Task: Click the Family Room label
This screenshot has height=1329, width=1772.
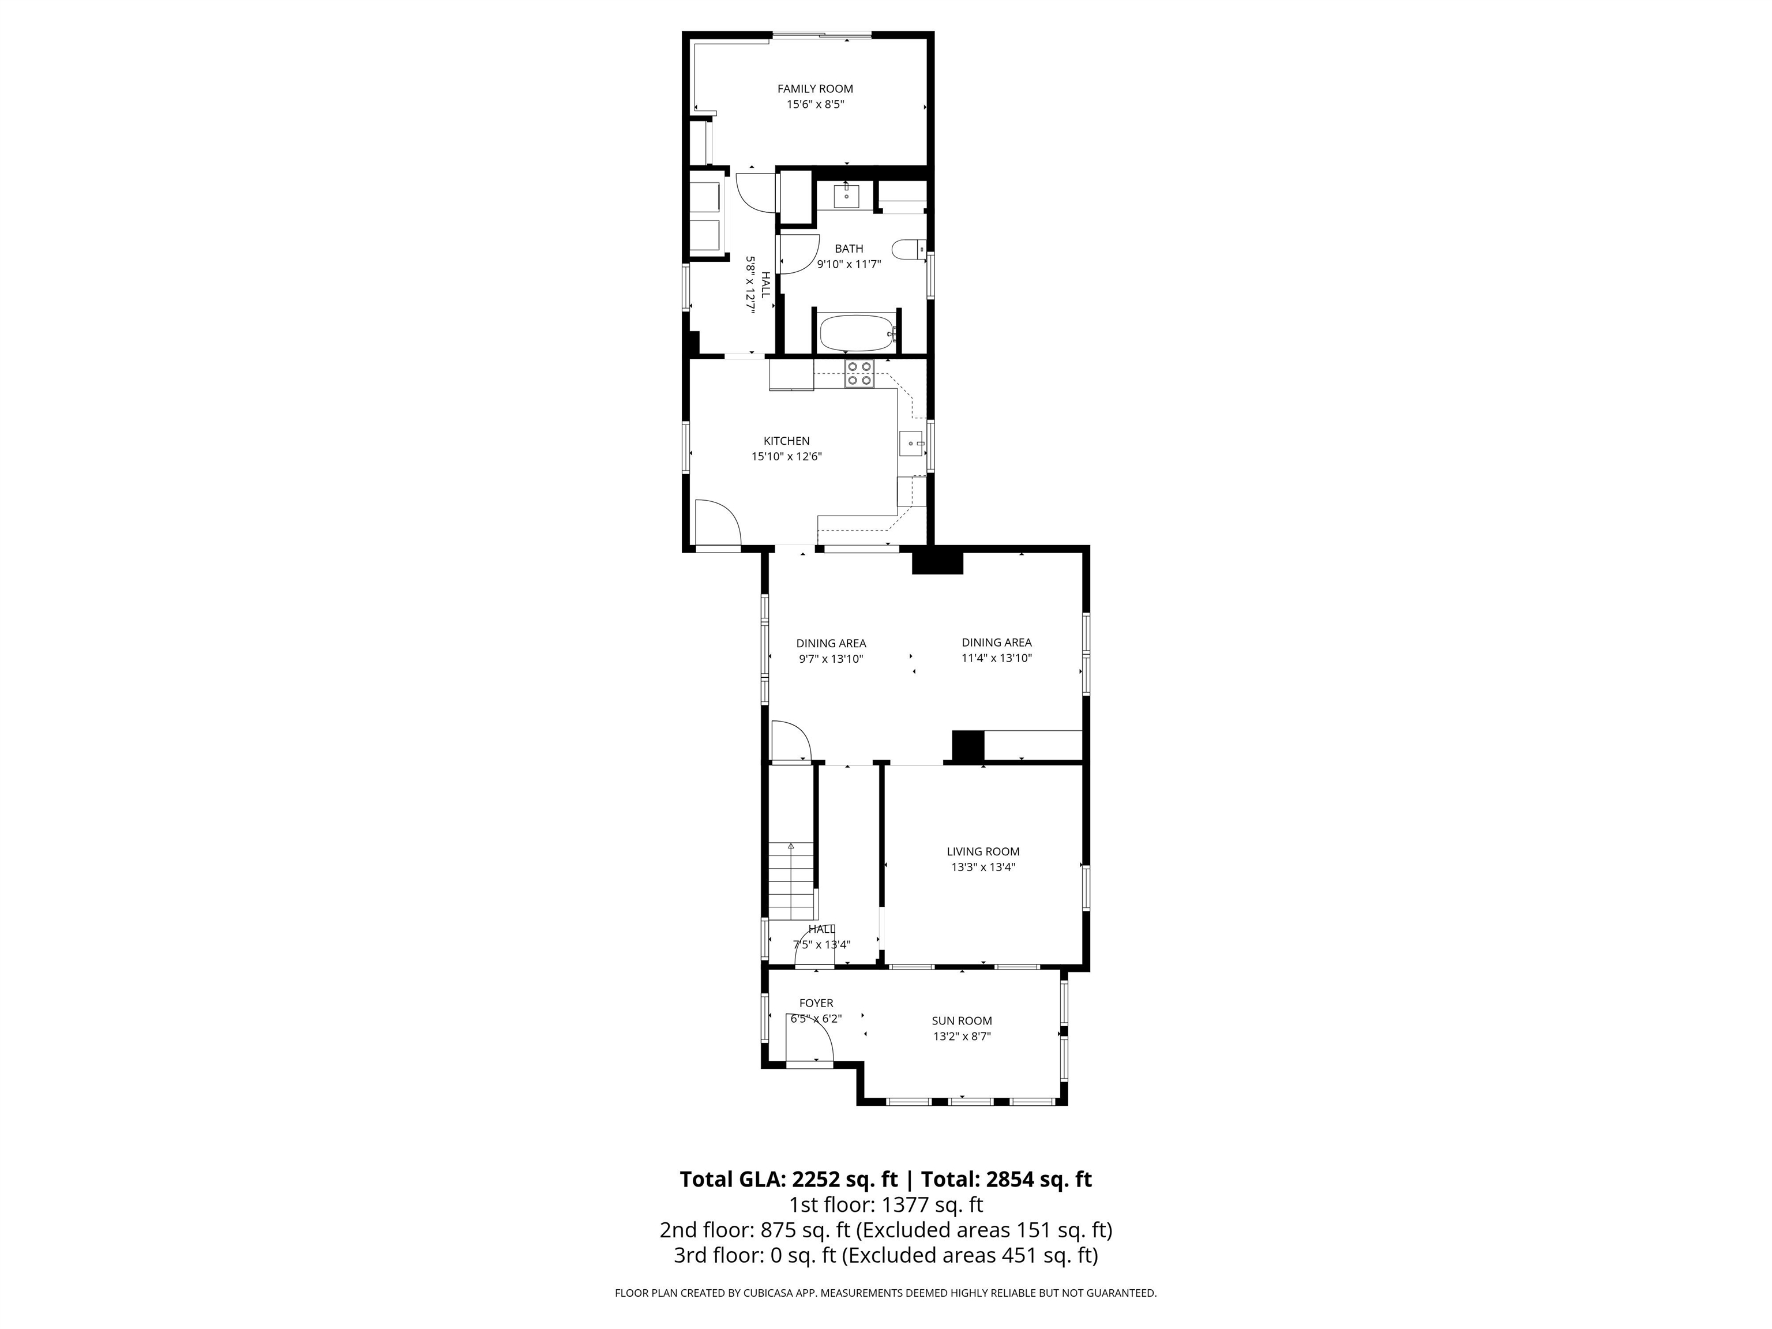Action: pos(814,89)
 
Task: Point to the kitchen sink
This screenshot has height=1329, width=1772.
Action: pos(911,443)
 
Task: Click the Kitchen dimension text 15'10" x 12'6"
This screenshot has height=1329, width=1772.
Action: pos(786,457)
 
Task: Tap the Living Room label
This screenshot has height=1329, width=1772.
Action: pos(983,851)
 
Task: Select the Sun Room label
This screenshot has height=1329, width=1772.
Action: pos(962,1020)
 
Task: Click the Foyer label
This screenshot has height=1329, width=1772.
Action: pos(816,1003)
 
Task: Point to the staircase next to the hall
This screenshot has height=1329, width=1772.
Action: pos(791,881)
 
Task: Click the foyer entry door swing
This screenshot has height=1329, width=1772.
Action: pos(809,1045)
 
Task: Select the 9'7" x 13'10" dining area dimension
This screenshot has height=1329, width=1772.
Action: pos(831,659)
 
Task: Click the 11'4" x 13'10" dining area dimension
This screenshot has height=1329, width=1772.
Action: pos(997,659)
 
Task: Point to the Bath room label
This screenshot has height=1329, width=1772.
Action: pos(849,249)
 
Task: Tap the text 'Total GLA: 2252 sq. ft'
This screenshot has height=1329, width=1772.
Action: pos(789,1179)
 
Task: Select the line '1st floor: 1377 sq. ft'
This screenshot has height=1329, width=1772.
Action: pos(886,1205)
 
